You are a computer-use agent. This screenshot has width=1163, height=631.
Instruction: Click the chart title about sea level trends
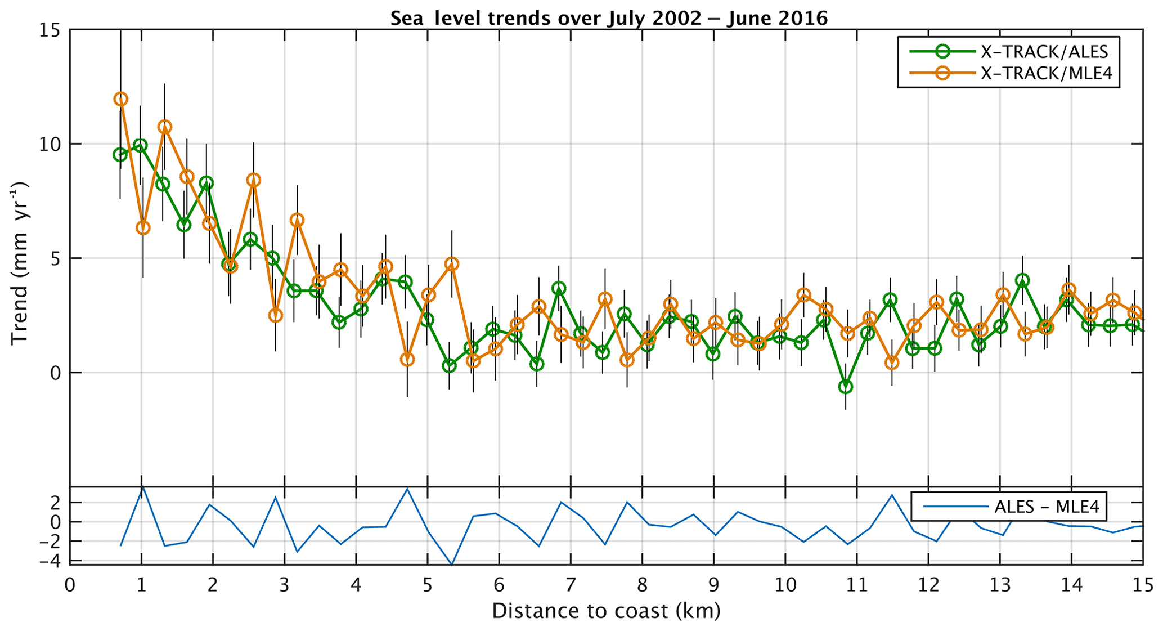pos(609,19)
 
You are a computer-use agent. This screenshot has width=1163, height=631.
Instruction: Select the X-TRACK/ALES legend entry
pos(1044,52)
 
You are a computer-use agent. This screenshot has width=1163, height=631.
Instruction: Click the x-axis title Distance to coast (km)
pos(606,611)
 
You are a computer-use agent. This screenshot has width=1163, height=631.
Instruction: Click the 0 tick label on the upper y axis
pos(54,373)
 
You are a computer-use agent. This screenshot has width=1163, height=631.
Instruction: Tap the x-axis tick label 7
pos(571,585)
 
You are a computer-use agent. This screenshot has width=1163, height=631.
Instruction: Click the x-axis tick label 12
pos(928,585)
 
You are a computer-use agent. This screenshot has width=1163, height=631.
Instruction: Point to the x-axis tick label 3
pos(284,585)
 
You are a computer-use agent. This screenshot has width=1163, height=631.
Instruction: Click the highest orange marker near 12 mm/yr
pos(120,99)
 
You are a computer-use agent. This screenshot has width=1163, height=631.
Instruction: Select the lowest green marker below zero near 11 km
pos(846,387)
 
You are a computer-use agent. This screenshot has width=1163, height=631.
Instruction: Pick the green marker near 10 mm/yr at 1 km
pos(141,146)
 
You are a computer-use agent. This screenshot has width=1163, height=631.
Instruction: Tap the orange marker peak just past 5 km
pos(451,264)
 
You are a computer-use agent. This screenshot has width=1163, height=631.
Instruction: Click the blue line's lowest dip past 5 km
pos(452,564)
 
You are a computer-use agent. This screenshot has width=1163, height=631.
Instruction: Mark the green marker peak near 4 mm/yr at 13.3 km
pos(1022,280)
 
